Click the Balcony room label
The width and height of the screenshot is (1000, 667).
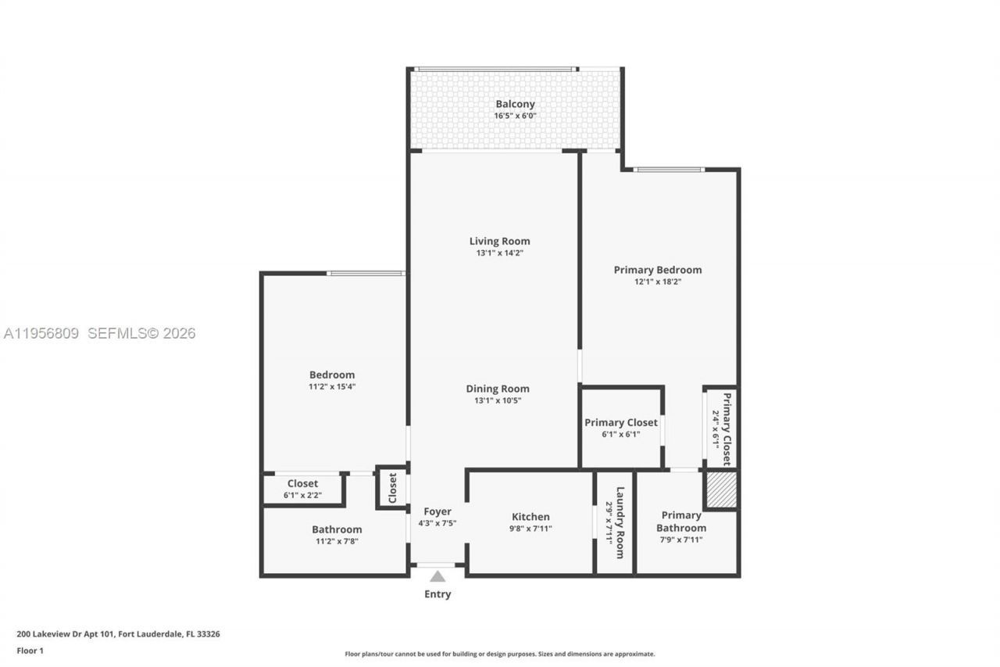(x=515, y=104)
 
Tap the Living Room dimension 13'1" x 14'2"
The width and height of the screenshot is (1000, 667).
(x=499, y=253)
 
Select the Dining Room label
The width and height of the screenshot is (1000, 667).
(x=498, y=389)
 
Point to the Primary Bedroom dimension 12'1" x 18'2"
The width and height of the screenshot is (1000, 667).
(x=657, y=282)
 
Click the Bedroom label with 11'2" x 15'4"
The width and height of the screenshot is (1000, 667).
(x=332, y=375)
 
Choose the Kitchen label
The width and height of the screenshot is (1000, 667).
(x=530, y=517)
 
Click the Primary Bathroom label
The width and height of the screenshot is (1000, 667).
(x=681, y=522)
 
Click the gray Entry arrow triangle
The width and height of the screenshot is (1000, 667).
(x=437, y=576)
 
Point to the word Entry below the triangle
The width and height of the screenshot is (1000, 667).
(x=437, y=594)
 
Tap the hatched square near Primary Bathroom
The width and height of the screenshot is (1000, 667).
(x=721, y=489)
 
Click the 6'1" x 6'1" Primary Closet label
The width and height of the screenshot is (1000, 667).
(x=621, y=423)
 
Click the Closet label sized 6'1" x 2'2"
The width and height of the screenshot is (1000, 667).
(x=302, y=484)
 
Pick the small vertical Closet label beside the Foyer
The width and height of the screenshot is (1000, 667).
(x=393, y=488)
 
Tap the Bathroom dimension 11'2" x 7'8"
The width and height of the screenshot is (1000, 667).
(x=337, y=541)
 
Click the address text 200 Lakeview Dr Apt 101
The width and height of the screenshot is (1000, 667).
(x=66, y=634)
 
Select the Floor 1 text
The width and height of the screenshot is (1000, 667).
(x=30, y=651)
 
